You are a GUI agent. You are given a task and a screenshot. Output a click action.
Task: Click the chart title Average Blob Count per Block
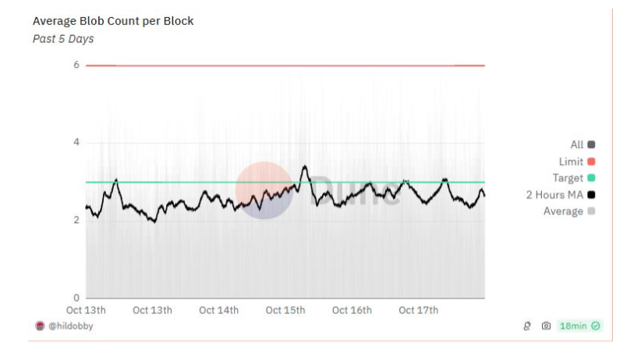(x=113, y=21)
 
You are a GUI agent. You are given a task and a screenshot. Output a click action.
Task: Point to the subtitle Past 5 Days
(x=63, y=39)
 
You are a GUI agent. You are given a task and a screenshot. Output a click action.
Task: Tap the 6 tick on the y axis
(x=76, y=65)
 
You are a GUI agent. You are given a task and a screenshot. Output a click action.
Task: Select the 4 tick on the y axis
(x=76, y=143)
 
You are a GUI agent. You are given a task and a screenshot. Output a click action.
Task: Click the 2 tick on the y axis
(x=76, y=221)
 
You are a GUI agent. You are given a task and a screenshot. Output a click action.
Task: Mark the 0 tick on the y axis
(x=76, y=298)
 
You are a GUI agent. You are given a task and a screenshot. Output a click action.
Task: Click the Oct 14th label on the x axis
(x=218, y=310)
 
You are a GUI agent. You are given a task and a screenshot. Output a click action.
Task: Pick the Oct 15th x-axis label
(x=285, y=310)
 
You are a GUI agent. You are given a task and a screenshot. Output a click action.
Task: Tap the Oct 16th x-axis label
(x=352, y=310)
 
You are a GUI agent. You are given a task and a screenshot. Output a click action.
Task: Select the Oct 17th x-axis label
(x=418, y=310)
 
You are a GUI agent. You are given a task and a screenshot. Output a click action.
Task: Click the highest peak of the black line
(x=305, y=166)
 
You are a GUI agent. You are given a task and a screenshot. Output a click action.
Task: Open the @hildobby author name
(x=71, y=326)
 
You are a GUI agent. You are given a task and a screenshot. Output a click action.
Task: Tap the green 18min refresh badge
(x=580, y=326)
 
